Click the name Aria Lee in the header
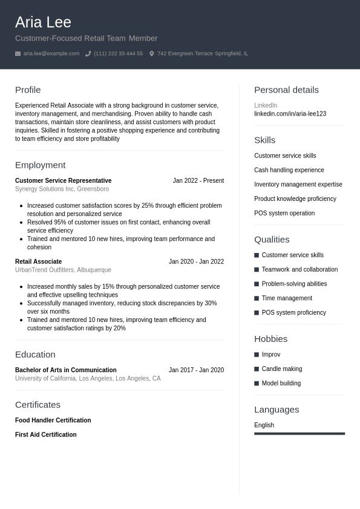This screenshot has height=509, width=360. [x=43, y=22]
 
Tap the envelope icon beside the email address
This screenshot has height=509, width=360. [x=18, y=54]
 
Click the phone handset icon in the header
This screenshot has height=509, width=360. [x=88, y=54]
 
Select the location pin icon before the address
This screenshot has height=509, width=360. [x=152, y=54]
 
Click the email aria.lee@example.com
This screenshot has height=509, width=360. [x=51, y=54]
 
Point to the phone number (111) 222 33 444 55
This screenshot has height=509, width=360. [x=118, y=54]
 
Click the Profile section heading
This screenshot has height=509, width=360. [x=28, y=90]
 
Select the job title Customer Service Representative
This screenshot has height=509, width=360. [x=63, y=180]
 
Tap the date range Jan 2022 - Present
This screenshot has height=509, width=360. [x=198, y=180]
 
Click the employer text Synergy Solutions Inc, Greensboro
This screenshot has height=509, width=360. [x=62, y=189]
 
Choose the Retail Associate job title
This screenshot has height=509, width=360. [x=38, y=261]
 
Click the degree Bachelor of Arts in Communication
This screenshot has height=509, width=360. [x=65, y=370]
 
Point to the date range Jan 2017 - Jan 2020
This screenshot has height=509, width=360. [x=196, y=370]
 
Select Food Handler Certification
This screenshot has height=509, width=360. [x=53, y=420]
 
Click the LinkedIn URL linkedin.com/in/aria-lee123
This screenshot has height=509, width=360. [x=290, y=114]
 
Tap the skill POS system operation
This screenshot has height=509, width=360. [x=284, y=213]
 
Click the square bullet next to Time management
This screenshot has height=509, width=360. [x=257, y=298]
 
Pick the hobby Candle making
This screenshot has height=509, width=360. [x=281, y=369]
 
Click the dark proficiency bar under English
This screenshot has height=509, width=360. [x=299, y=433]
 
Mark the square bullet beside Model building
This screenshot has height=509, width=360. [x=257, y=383]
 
